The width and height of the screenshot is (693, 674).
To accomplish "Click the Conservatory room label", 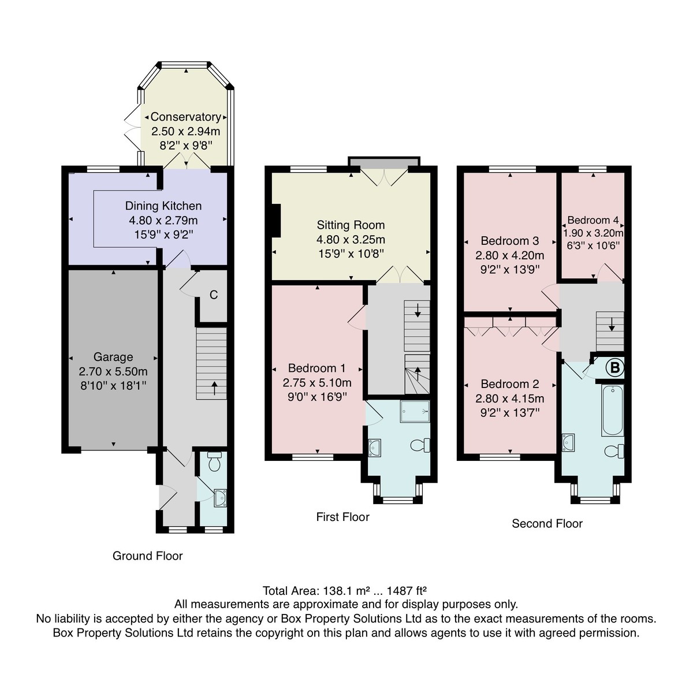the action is tap(185, 117).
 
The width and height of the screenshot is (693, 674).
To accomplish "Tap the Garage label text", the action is tap(113, 356).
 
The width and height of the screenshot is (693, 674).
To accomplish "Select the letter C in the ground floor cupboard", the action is tap(213, 295).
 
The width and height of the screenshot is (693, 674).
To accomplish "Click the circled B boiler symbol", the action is tap(614, 367).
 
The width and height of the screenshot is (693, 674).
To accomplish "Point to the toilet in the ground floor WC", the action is tap(214, 461).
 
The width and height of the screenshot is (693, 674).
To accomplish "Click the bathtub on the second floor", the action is tap(612, 411).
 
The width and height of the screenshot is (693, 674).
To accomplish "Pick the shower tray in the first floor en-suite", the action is tap(415, 411).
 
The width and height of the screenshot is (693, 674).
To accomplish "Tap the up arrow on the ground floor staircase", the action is tap(214, 388).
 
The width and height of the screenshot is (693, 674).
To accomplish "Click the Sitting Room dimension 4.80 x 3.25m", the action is tap(351, 239).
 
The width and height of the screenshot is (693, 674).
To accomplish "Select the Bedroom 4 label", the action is tap(593, 220).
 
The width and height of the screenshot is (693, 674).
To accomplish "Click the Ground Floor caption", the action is tap(147, 556).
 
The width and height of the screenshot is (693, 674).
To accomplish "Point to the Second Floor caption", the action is tap(547, 523).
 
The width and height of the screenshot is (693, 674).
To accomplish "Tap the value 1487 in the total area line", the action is tap(399, 591).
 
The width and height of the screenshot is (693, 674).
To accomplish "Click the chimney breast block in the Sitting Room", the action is tap(276, 220).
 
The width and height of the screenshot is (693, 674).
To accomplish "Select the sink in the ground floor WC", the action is tap(219, 498).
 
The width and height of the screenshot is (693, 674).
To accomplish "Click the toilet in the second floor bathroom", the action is tap(614, 451).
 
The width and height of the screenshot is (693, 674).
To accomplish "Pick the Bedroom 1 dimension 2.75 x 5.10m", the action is tap(317, 382).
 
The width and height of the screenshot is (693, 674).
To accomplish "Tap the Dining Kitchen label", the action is tap(163, 206).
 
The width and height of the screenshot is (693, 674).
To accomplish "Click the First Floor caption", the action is tap(342, 517).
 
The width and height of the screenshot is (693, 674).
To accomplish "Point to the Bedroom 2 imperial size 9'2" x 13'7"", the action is tap(509, 412).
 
